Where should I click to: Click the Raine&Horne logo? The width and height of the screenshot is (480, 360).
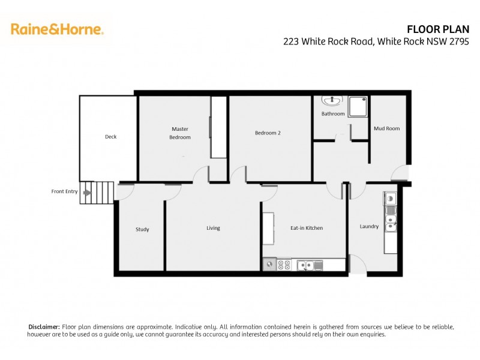point(57,29)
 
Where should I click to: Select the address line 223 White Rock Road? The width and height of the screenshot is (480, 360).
point(376,41)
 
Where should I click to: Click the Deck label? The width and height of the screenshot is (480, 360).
point(110,137)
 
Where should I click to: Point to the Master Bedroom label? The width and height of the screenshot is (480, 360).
point(180,133)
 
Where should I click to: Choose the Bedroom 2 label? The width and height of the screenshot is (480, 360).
point(268,133)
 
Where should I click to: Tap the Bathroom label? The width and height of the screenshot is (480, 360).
point(333,113)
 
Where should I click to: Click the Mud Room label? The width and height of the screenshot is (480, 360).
point(386,128)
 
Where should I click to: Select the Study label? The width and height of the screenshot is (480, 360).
point(142,229)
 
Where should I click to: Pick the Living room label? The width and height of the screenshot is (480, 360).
point(213,228)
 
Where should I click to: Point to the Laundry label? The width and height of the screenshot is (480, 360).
point(369,226)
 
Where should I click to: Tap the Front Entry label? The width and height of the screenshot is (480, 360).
point(64,191)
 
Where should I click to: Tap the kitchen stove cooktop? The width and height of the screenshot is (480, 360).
point(284,264)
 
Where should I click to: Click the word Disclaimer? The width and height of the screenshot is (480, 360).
point(44,326)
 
